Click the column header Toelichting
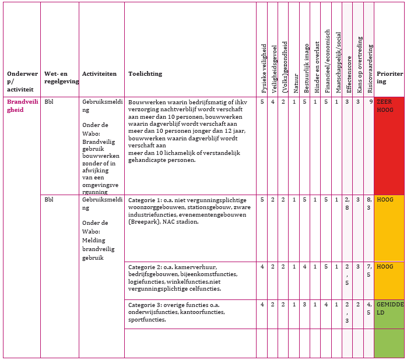click(x=145, y=74)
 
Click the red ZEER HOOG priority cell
click(x=389, y=145)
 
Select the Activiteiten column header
click(x=99, y=74)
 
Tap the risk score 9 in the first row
click(x=371, y=102)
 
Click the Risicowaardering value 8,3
click(x=369, y=203)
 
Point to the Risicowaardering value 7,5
click(x=369, y=270)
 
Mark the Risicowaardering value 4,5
click(x=369, y=308)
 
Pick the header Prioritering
click(x=389, y=78)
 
